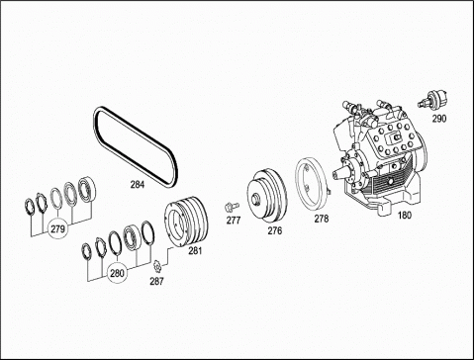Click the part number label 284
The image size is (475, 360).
pyautogui.click(x=138, y=185)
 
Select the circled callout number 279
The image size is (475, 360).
pyautogui.click(x=58, y=228)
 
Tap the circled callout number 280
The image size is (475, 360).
pyautogui.click(x=117, y=273)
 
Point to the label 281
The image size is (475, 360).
pyautogui.click(x=195, y=251)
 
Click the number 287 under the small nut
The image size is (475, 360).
pyautogui.click(x=156, y=282)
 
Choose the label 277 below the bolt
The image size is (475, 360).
pyautogui.click(x=234, y=221)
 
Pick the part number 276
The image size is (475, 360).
pyautogui.click(x=275, y=230)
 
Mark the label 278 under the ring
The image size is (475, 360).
pyautogui.click(x=322, y=219)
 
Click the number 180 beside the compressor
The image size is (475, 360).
pyautogui.click(x=405, y=216)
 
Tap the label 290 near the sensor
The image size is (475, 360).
pyautogui.click(x=439, y=119)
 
